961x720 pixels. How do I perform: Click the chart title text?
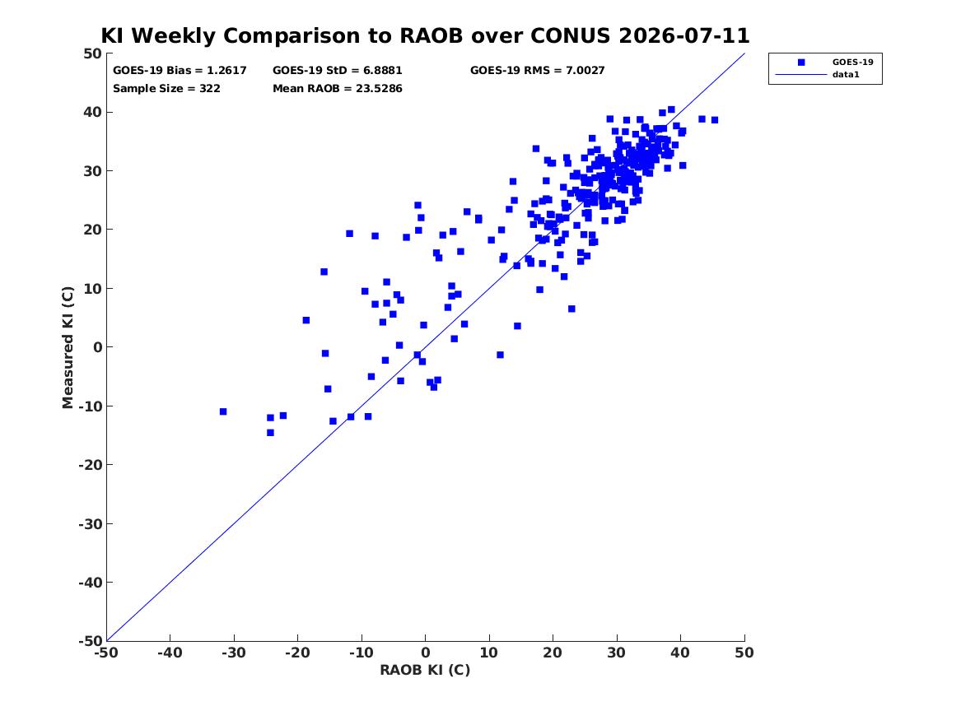(x=425, y=35)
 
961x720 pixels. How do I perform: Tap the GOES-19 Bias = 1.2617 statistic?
(x=180, y=71)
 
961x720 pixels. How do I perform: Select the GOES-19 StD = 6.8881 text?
(x=337, y=71)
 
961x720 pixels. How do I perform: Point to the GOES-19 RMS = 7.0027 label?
(x=538, y=71)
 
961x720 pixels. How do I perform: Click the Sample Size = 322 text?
(x=166, y=89)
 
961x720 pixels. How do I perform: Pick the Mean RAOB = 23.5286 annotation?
(x=337, y=89)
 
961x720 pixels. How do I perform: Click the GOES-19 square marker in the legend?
(x=800, y=62)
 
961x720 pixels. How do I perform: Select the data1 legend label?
(x=846, y=75)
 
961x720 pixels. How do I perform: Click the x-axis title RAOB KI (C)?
(x=425, y=670)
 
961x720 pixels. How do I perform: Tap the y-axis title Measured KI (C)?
(x=68, y=347)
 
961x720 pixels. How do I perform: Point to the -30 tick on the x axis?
(x=234, y=653)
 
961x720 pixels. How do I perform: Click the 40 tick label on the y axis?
(x=92, y=112)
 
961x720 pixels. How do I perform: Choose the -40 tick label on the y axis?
(x=90, y=583)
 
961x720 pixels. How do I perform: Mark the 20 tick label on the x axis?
(x=553, y=653)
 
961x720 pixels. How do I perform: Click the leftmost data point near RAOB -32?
(x=223, y=411)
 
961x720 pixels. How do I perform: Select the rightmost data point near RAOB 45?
(x=715, y=120)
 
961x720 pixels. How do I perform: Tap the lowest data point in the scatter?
(x=270, y=433)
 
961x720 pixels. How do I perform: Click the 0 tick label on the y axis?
(x=97, y=347)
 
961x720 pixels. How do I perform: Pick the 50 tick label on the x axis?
(x=744, y=653)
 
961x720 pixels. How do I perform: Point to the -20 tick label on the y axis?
(x=90, y=465)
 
